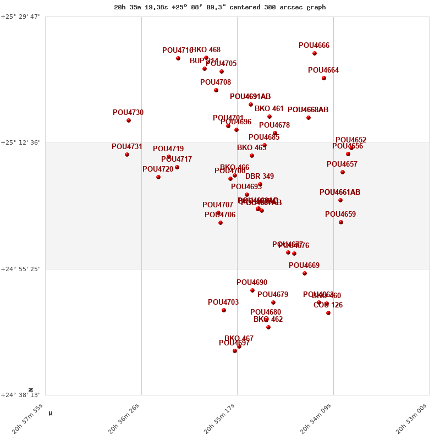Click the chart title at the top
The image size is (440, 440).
(x=220, y=7)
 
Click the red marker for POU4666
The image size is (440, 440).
(x=315, y=53)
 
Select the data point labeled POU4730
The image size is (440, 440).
(x=129, y=120)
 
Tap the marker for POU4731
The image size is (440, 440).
(x=127, y=155)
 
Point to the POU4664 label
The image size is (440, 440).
(x=323, y=70)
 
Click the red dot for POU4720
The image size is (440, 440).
(x=158, y=177)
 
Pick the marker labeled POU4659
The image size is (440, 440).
(x=341, y=222)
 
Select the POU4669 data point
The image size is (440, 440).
(x=305, y=273)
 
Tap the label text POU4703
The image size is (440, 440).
(x=223, y=302)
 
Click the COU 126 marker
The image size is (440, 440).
(x=328, y=313)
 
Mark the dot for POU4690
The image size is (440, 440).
(x=252, y=290)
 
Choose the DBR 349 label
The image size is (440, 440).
(x=260, y=177)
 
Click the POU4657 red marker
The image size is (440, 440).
(x=343, y=172)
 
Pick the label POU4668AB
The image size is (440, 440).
(x=308, y=110)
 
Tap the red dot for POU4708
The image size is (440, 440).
(x=216, y=90)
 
